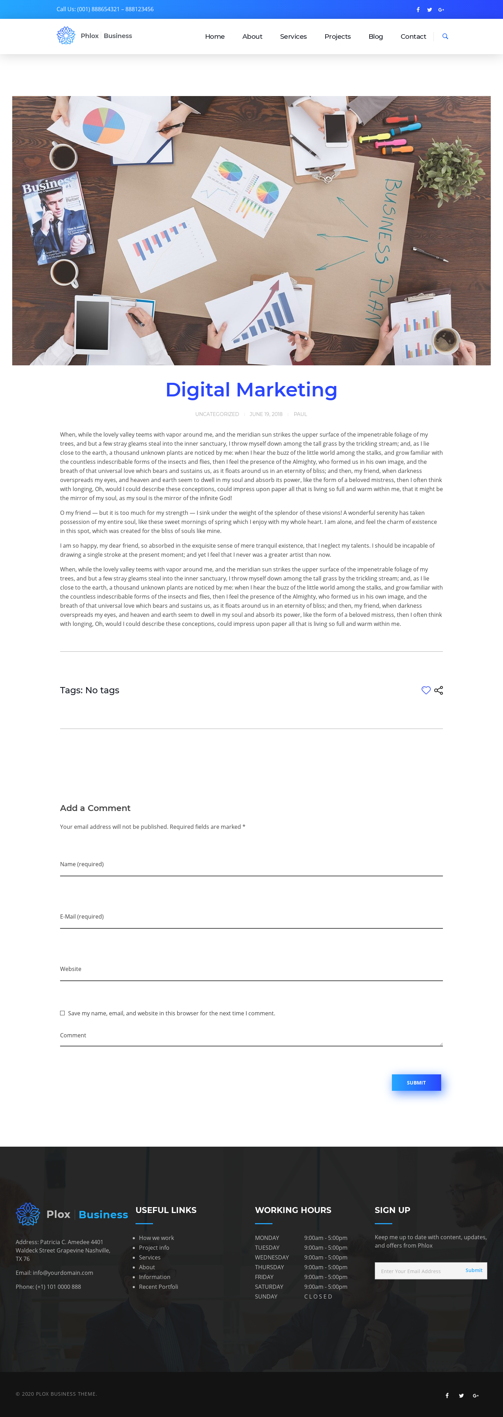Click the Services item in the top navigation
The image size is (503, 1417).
(293, 36)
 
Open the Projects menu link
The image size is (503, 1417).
(337, 36)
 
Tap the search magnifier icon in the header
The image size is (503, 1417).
(445, 36)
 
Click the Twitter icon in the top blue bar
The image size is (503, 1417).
(429, 10)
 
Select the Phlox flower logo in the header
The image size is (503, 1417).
(66, 36)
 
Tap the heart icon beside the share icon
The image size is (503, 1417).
(426, 691)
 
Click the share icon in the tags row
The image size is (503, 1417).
(439, 691)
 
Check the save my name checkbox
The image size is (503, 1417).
(62, 1013)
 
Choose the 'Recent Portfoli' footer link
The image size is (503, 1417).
(159, 1287)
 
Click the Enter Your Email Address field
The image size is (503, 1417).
(418, 1271)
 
